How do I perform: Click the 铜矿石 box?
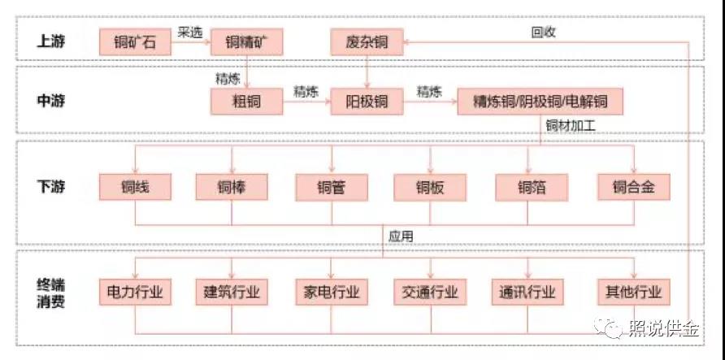[135, 41]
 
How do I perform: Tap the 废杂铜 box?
[367, 41]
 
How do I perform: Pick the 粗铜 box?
[246, 102]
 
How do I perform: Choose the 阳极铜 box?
[367, 102]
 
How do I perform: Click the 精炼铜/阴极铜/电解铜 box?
[540, 102]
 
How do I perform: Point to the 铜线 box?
[135, 188]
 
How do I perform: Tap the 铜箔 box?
[532, 188]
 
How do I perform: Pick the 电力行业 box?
[135, 292]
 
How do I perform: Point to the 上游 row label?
[50, 41]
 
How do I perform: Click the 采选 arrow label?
[189, 32]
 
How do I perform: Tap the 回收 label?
[543, 32]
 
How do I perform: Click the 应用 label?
[401, 236]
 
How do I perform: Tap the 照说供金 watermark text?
[663, 330]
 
